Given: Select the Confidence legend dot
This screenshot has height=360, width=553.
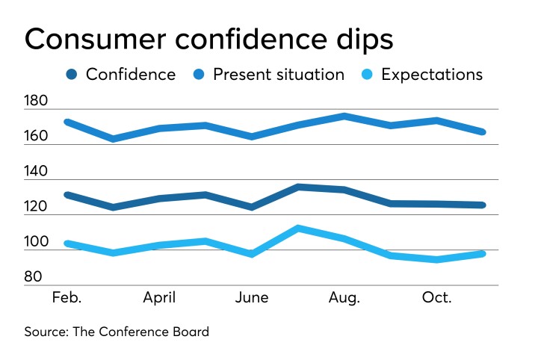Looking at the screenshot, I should click(72, 75).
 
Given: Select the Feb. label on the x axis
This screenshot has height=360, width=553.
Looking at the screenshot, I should click(67, 298).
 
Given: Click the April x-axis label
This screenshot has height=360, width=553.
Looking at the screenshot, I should click(159, 298).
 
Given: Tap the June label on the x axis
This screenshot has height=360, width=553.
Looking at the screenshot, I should click(252, 298).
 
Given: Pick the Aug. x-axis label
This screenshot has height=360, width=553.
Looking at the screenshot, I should click(344, 298).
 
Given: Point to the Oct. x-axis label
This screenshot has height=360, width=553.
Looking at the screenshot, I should click(436, 298).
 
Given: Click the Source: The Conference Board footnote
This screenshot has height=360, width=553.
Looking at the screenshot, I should click(117, 332).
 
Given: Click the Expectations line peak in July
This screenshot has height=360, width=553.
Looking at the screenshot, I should click(297, 228).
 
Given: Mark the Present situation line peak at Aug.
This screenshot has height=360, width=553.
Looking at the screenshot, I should click(344, 116).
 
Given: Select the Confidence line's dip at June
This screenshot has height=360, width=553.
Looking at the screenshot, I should click(252, 207).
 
